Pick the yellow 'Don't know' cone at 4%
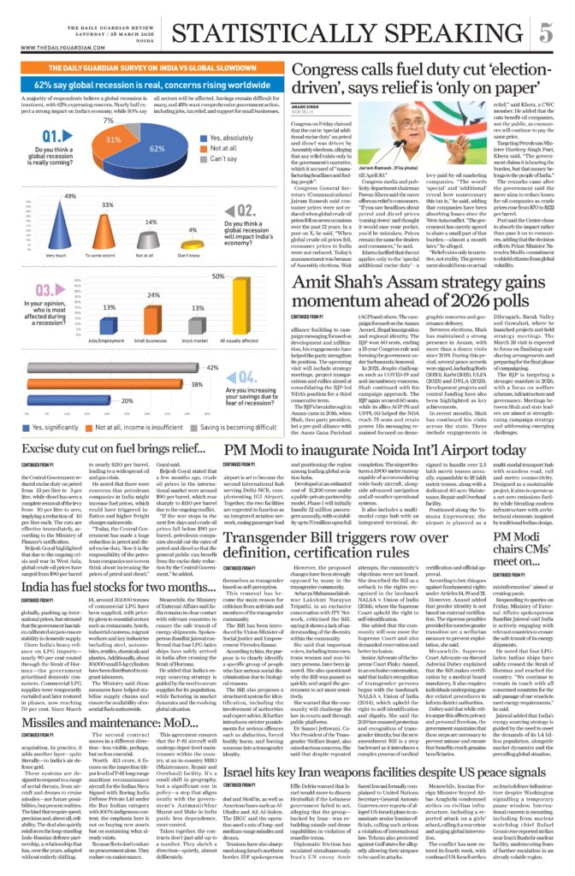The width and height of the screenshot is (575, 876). (x=193, y=246)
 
